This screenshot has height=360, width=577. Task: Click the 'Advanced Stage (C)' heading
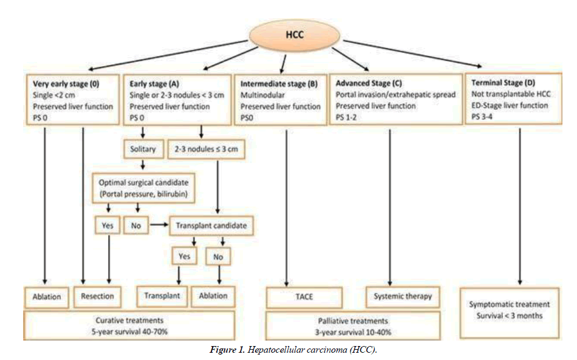(370, 83)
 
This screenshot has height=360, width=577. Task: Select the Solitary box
(142, 149)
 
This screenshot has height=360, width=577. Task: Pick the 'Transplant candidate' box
(211, 226)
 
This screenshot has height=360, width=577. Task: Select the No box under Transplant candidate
(218, 257)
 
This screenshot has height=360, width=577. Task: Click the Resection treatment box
(97, 297)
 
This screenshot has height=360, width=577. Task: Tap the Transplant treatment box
(162, 296)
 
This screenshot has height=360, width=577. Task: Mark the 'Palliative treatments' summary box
(352, 326)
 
